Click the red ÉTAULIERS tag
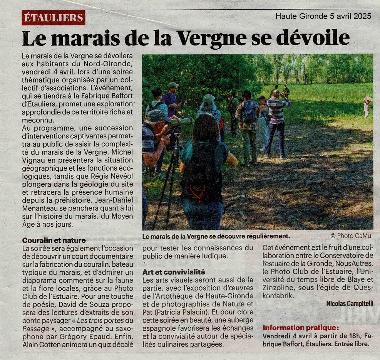click(53, 17)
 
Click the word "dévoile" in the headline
click(313, 38)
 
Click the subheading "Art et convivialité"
click(174, 272)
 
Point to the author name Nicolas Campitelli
click(350, 303)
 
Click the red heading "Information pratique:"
click(301, 328)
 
